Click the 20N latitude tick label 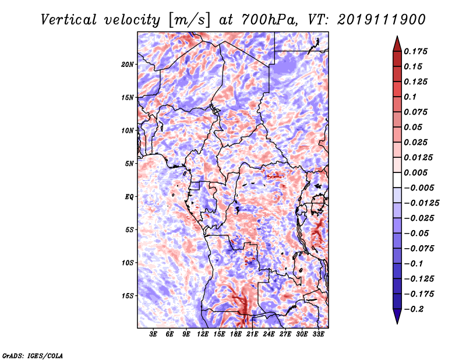[128, 64]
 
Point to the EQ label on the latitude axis [129, 197]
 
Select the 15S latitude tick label [128, 296]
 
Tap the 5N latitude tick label [129, 164]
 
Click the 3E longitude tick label [153, 335]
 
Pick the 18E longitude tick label [236, 335]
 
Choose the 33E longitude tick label [319, 335]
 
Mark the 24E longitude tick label [269, 335]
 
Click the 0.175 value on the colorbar [417, 51]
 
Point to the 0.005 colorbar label [417, 172]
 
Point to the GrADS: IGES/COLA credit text [32, 355]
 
